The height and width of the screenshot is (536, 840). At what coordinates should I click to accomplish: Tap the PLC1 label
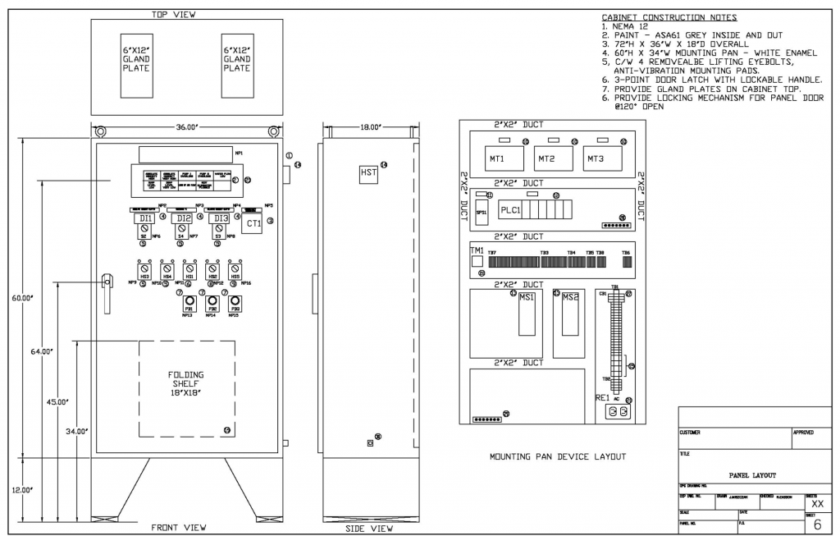pos(511,208)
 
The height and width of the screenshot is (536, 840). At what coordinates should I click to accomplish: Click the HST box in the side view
pos(369,173)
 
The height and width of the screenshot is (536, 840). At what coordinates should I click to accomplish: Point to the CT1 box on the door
pos(253,222)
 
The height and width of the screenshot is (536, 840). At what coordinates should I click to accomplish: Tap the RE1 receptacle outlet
pos(619,410)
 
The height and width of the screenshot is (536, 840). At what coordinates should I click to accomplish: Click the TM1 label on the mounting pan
pos(476,249)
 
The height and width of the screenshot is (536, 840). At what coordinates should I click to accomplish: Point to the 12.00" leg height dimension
pos(21,490)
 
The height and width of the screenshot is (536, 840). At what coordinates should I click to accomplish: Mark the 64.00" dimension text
pos(41,351)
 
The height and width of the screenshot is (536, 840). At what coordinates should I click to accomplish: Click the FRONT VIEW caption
pos(179,527)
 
